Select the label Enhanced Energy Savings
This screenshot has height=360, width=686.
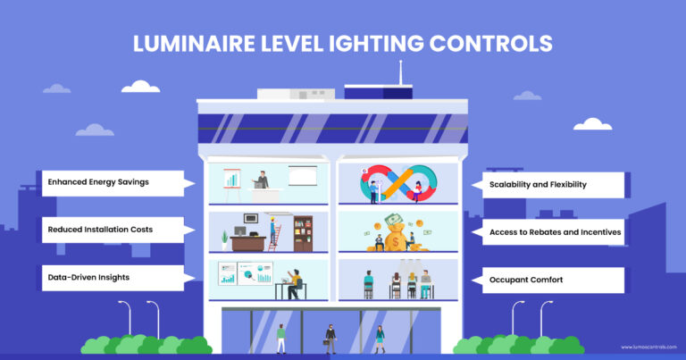99,182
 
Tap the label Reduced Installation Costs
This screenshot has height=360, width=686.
100,230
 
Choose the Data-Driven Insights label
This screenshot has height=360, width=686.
89,277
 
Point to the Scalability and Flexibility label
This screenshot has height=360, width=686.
543,185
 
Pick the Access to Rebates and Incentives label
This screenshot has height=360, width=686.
555,232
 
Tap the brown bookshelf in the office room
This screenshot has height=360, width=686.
303,233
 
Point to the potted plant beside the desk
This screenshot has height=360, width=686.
224,239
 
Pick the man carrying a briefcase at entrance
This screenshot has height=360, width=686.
330,337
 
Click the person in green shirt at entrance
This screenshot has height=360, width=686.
280,337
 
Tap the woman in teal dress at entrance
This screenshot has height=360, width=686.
380,337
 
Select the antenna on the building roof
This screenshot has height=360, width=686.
400,71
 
